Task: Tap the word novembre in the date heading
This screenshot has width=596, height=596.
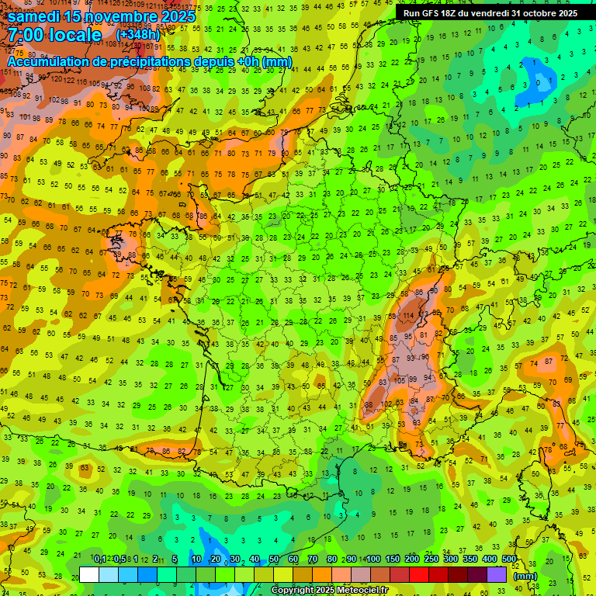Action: coord(118,16)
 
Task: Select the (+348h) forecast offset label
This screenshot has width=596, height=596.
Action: coord(137,35)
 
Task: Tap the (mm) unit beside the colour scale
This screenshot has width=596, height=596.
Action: coord(525,576)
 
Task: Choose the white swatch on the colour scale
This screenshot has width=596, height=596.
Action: coord(89,574)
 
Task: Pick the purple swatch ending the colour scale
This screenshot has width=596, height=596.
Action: coord(497,574)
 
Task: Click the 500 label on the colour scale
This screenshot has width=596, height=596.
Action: coord(509,560)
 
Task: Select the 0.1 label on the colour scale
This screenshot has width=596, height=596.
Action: coord(99,560)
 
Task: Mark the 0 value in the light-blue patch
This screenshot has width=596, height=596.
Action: coord(539,82)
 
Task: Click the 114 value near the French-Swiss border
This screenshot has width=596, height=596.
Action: coord(407,316)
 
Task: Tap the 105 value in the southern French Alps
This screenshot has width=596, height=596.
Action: coord(399,380)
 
